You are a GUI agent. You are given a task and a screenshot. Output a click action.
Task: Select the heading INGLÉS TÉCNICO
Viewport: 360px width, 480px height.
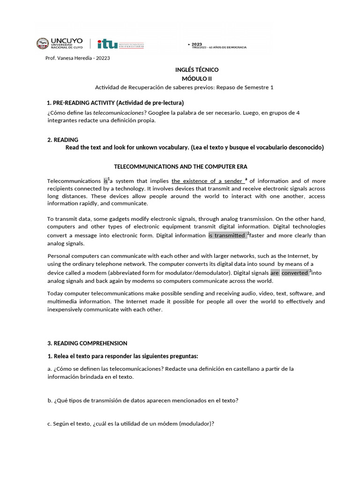coord(194,69)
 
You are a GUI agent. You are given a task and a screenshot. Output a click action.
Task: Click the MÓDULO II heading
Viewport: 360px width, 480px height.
coord(194,78)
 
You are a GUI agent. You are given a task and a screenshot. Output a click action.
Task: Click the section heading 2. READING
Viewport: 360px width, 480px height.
coord(63,140)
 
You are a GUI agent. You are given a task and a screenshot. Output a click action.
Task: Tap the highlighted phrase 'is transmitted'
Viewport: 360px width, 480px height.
coord(227,235)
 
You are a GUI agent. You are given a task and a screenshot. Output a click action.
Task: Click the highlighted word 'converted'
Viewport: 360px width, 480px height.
coord(294,273)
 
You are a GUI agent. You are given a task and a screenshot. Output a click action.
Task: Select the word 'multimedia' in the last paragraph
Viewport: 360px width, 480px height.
coord(63,301)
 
